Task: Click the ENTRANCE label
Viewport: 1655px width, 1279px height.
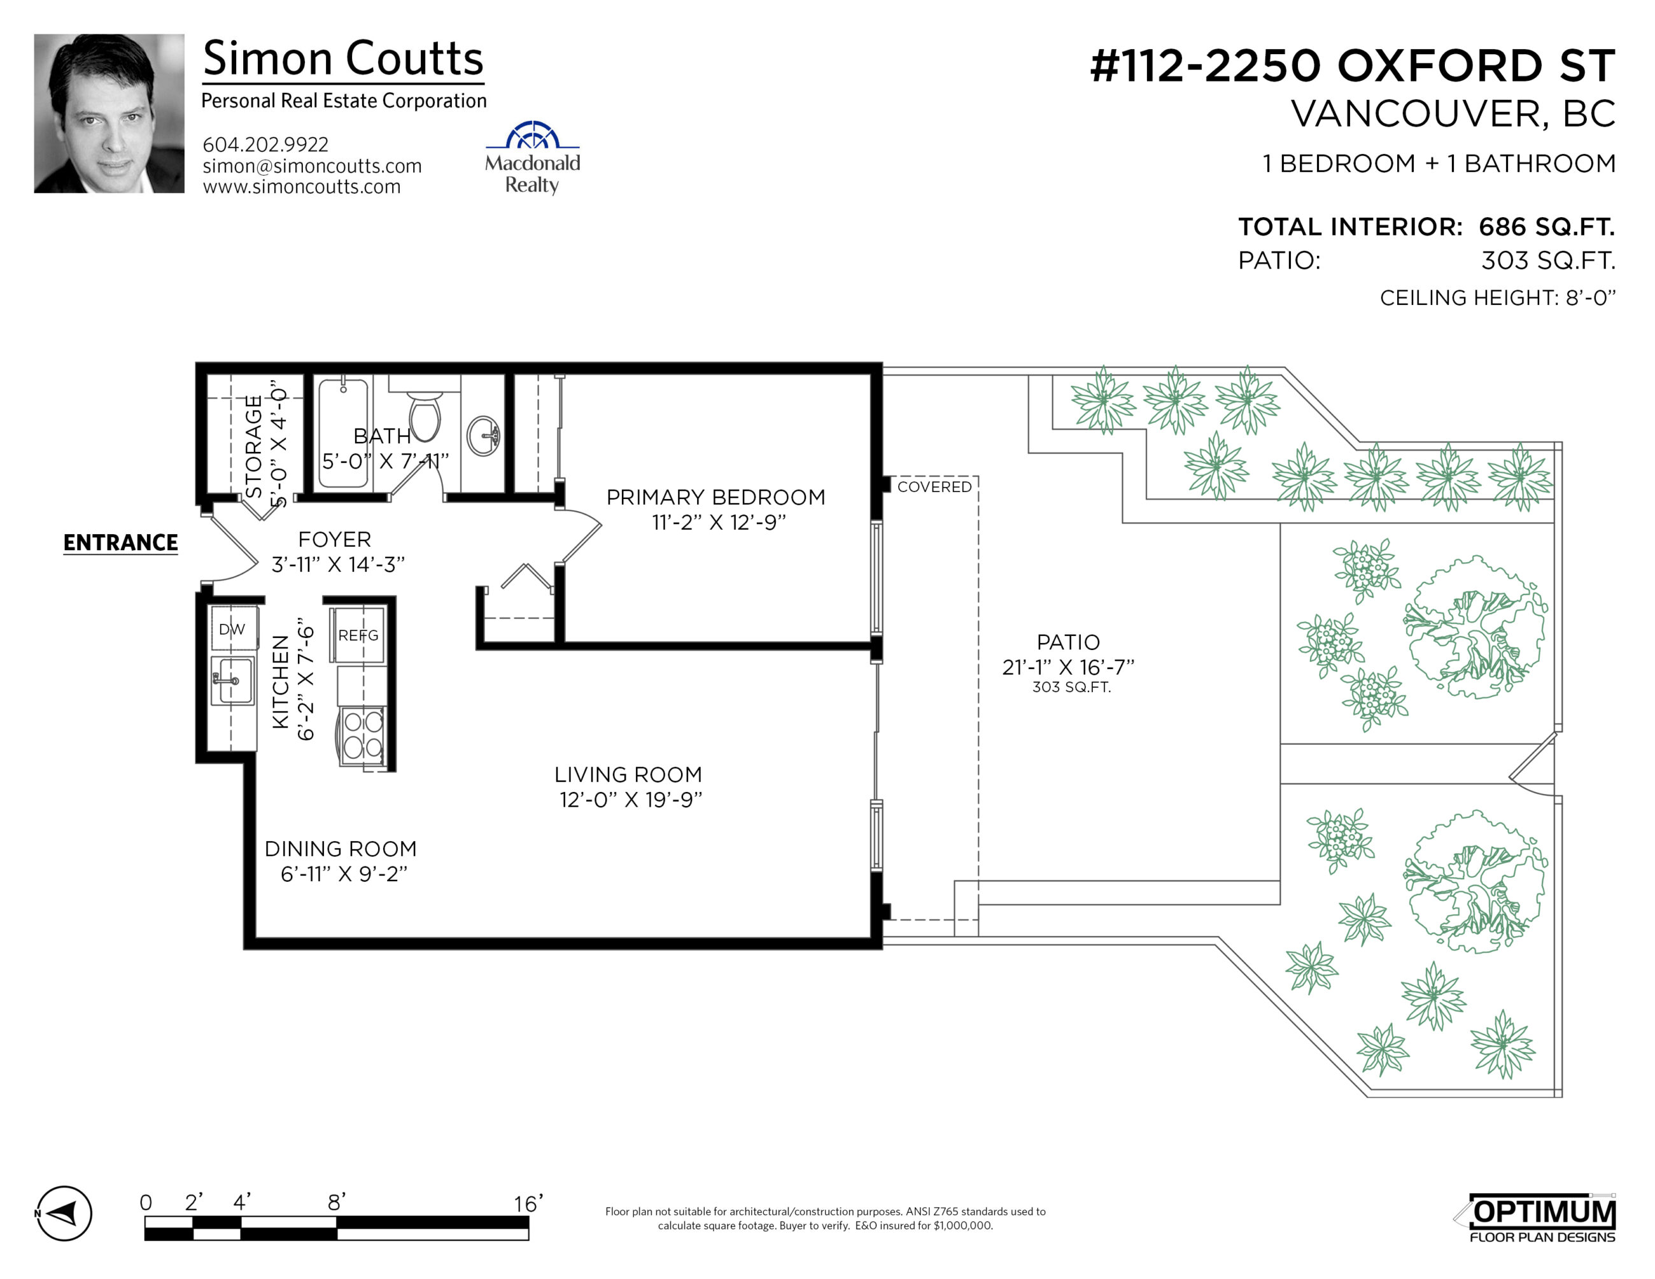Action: (x=120, y=542)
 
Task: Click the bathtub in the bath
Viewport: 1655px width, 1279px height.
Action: (x=343, y=434)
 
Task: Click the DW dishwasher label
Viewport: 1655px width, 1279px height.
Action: (x=232, y=629)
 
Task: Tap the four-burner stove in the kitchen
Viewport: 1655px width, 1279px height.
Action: (x=363, y=735)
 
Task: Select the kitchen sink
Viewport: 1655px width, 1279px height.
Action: (x=232, y=681)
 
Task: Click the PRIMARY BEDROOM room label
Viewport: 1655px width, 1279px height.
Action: (x=716, y=497)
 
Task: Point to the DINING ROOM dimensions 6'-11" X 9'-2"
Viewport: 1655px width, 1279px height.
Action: (x=344, y=873)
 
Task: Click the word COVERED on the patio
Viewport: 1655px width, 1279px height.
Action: (x=934, y=486)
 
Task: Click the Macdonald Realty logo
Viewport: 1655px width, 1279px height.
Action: (x=533, y=158)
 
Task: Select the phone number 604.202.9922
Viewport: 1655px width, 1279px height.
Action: (x=266, y=144)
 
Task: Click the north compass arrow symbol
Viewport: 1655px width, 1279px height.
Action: (x=64, y=1213)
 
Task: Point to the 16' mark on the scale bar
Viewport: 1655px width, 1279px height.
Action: (x=528, y=1203)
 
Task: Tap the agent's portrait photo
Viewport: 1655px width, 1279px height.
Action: (x=109, y=114)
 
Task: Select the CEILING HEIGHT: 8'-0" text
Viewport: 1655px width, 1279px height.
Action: (x=1497, y=298)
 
